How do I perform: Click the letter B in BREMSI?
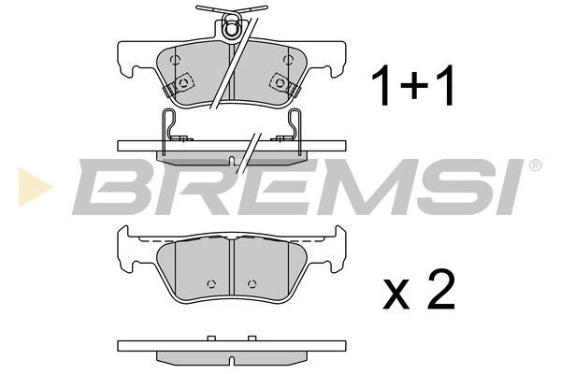coord(110,183)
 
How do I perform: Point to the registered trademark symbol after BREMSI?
coord(534,165)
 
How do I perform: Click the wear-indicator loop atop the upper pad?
coord(230,29)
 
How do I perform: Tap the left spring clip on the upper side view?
coord(169,126)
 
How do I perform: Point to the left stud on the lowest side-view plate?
coord(210,338)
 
